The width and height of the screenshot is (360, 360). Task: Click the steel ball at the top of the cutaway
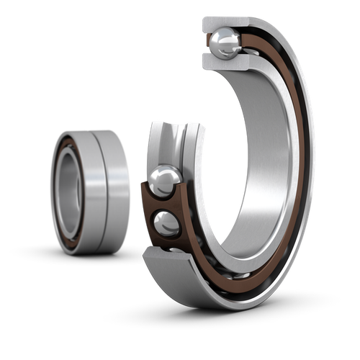click(224, 42)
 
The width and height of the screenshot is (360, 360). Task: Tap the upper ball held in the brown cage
click(166, 179)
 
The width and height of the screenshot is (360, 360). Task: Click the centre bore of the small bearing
click(71, 191)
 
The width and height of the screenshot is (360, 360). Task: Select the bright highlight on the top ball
click(220, 37)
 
